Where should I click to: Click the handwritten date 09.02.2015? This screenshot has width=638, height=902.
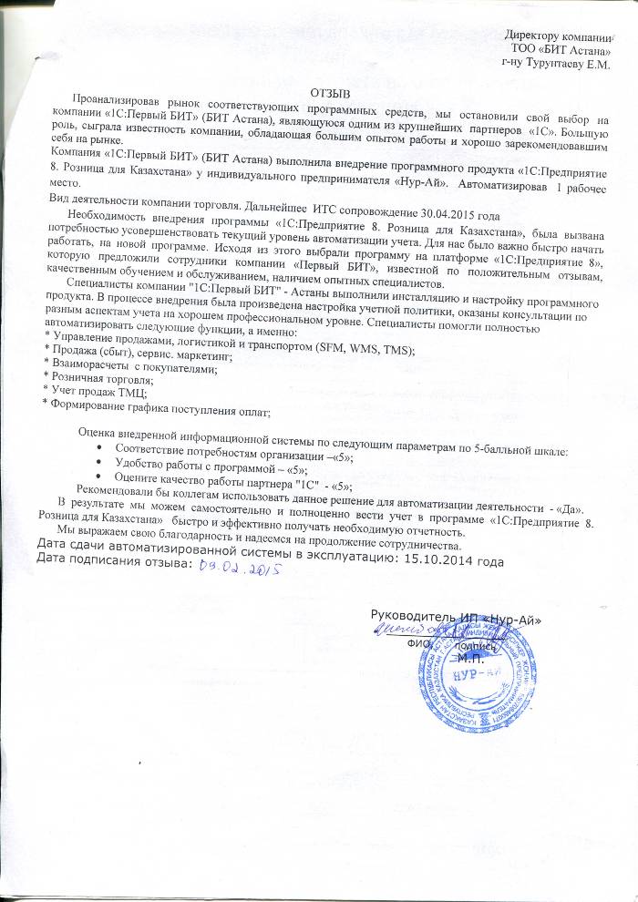[x=234, y=569]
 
